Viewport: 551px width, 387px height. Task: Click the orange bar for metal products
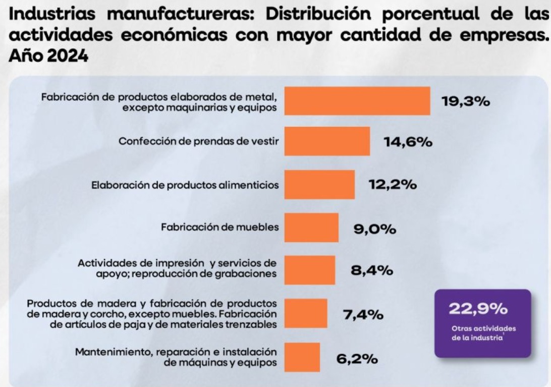coord(357,101)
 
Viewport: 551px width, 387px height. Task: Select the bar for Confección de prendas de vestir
coord(327,141)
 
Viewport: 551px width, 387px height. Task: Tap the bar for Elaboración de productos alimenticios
coord(320,185)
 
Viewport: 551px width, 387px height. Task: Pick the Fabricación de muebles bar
coord(312,228)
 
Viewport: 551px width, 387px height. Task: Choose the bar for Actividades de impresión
coord(310,270)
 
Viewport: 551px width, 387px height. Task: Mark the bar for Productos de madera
coord(306,313)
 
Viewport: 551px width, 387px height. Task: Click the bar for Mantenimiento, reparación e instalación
coord(302,357)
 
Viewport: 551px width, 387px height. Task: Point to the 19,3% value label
coord(466,101)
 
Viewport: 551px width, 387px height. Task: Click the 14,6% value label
coord(408,142)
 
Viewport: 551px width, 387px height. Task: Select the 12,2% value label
coord(393,184)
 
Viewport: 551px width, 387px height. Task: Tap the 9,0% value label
coord(374,229)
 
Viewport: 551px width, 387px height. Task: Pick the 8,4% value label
coord(372,270)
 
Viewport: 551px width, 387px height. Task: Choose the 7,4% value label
coord(363,314)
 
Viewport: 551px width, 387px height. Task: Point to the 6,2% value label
coord(357,359)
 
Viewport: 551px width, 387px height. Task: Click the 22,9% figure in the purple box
coord(478,309)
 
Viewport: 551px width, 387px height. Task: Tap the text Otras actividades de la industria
coord(483,333)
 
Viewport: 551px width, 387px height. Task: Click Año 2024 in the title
coord(48,56)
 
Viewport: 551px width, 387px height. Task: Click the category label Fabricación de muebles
coord(220,227)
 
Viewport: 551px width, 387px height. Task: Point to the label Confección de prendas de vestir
coord(198,141)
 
